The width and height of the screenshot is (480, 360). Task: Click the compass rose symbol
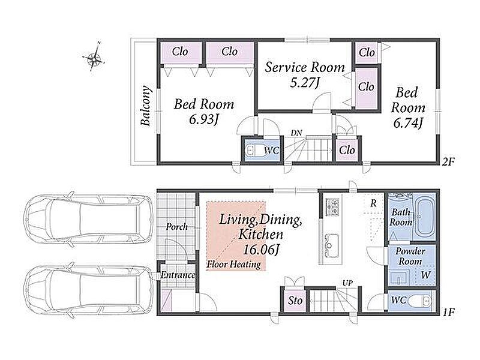coord(94,57)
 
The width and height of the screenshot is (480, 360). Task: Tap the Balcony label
coord(146,106)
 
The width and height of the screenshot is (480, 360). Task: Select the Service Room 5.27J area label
coord(305,75)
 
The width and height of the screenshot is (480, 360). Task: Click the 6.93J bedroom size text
coord(203,119)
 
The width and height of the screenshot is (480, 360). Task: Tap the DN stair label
coord(296,133)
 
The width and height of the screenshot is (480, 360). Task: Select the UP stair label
coord(347,283)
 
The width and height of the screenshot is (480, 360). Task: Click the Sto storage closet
coord(295,301)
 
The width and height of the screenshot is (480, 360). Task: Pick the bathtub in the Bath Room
coord(425,217)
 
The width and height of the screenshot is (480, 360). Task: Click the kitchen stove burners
coord(332,206)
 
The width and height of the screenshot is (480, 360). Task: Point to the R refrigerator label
coord(373,203)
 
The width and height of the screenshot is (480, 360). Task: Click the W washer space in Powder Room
coord(425,275)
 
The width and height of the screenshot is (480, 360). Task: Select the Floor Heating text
coord(234,264)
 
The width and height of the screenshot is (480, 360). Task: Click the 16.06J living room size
coord(261,250)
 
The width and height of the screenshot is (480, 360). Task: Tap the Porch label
coord(176,227)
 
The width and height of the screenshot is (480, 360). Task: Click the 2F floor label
coord(448,161)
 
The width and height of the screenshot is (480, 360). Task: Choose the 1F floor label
coord(448,312)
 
